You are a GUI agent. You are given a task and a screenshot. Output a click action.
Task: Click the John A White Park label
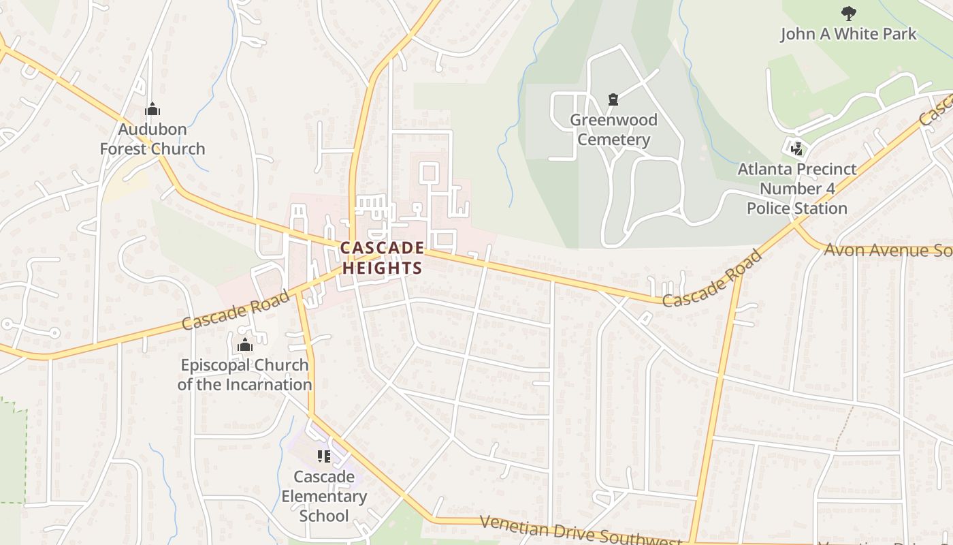pos(848,34)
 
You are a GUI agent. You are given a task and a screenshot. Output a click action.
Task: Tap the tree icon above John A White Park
pos(848,12)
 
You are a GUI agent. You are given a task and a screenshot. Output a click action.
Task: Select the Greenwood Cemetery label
pos(614,129)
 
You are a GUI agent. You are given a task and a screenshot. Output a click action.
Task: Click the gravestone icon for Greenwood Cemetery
pos(613,100)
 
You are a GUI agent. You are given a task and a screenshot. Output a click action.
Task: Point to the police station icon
pos(796,148)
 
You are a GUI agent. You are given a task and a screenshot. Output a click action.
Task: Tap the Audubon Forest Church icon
pos(152,109)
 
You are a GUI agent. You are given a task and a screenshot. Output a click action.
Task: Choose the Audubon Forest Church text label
pos(152,139)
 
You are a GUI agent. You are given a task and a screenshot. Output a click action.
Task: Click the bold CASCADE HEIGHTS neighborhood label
pos(382,258)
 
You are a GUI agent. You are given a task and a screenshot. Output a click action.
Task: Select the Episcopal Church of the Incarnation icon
pos(245,345)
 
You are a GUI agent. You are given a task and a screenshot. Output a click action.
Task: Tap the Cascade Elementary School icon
pos(323,456)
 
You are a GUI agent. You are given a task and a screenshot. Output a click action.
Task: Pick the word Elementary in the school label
pos(324,497)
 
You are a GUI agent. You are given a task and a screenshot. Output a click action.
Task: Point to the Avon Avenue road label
pos(885,250)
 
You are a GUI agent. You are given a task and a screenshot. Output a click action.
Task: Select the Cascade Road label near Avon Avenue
pos(712,279)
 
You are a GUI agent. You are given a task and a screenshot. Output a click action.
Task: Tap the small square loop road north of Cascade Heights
pos(428,173)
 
